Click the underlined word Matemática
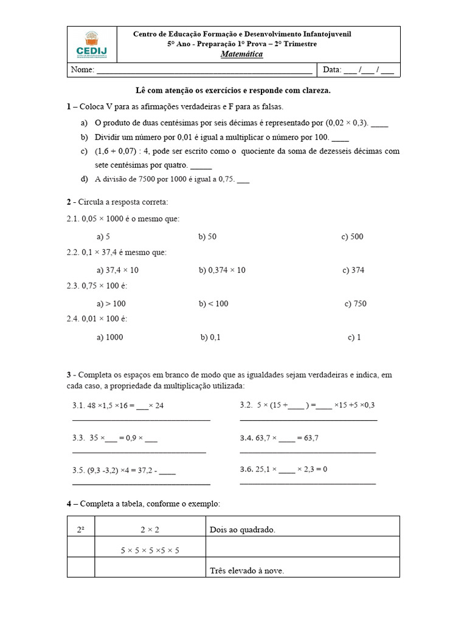coord(241,55)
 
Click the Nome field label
coord(82,70)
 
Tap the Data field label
coord(332,70)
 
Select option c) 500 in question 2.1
coord(352,237)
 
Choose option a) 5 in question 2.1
coord(103,237)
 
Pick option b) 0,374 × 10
coord(222,270)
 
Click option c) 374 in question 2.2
coord(353,270)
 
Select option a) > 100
coord(111,304)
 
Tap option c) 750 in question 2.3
coord(355,304)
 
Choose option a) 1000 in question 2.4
coord(109,337)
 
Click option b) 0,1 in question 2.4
coord(210,337)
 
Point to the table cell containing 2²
coord(81,530)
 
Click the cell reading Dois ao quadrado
coord(243,530)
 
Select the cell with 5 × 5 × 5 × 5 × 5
coord(150,550)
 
